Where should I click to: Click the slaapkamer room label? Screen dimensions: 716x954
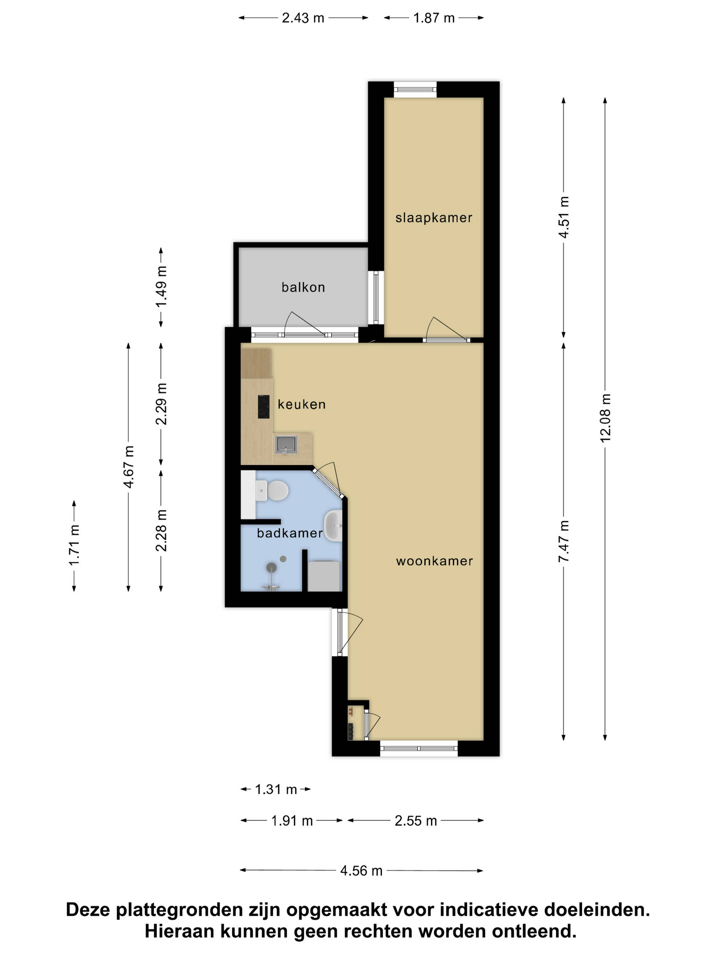[434, 218]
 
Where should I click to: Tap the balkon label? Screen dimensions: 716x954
[303, 287]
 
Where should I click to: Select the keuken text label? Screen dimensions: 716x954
[301, 405]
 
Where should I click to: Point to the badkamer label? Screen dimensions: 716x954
[290, 533]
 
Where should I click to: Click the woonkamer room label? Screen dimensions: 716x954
[434, 561]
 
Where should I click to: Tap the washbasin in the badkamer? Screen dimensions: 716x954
[333, 526]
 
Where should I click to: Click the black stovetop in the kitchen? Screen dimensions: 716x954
[264, 407]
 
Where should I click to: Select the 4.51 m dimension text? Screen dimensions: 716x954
[564, 217]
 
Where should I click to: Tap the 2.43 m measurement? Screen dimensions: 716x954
[303, 18]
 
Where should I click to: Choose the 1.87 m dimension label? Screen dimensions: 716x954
[434, 18]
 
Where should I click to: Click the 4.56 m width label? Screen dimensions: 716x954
[361, 871]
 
